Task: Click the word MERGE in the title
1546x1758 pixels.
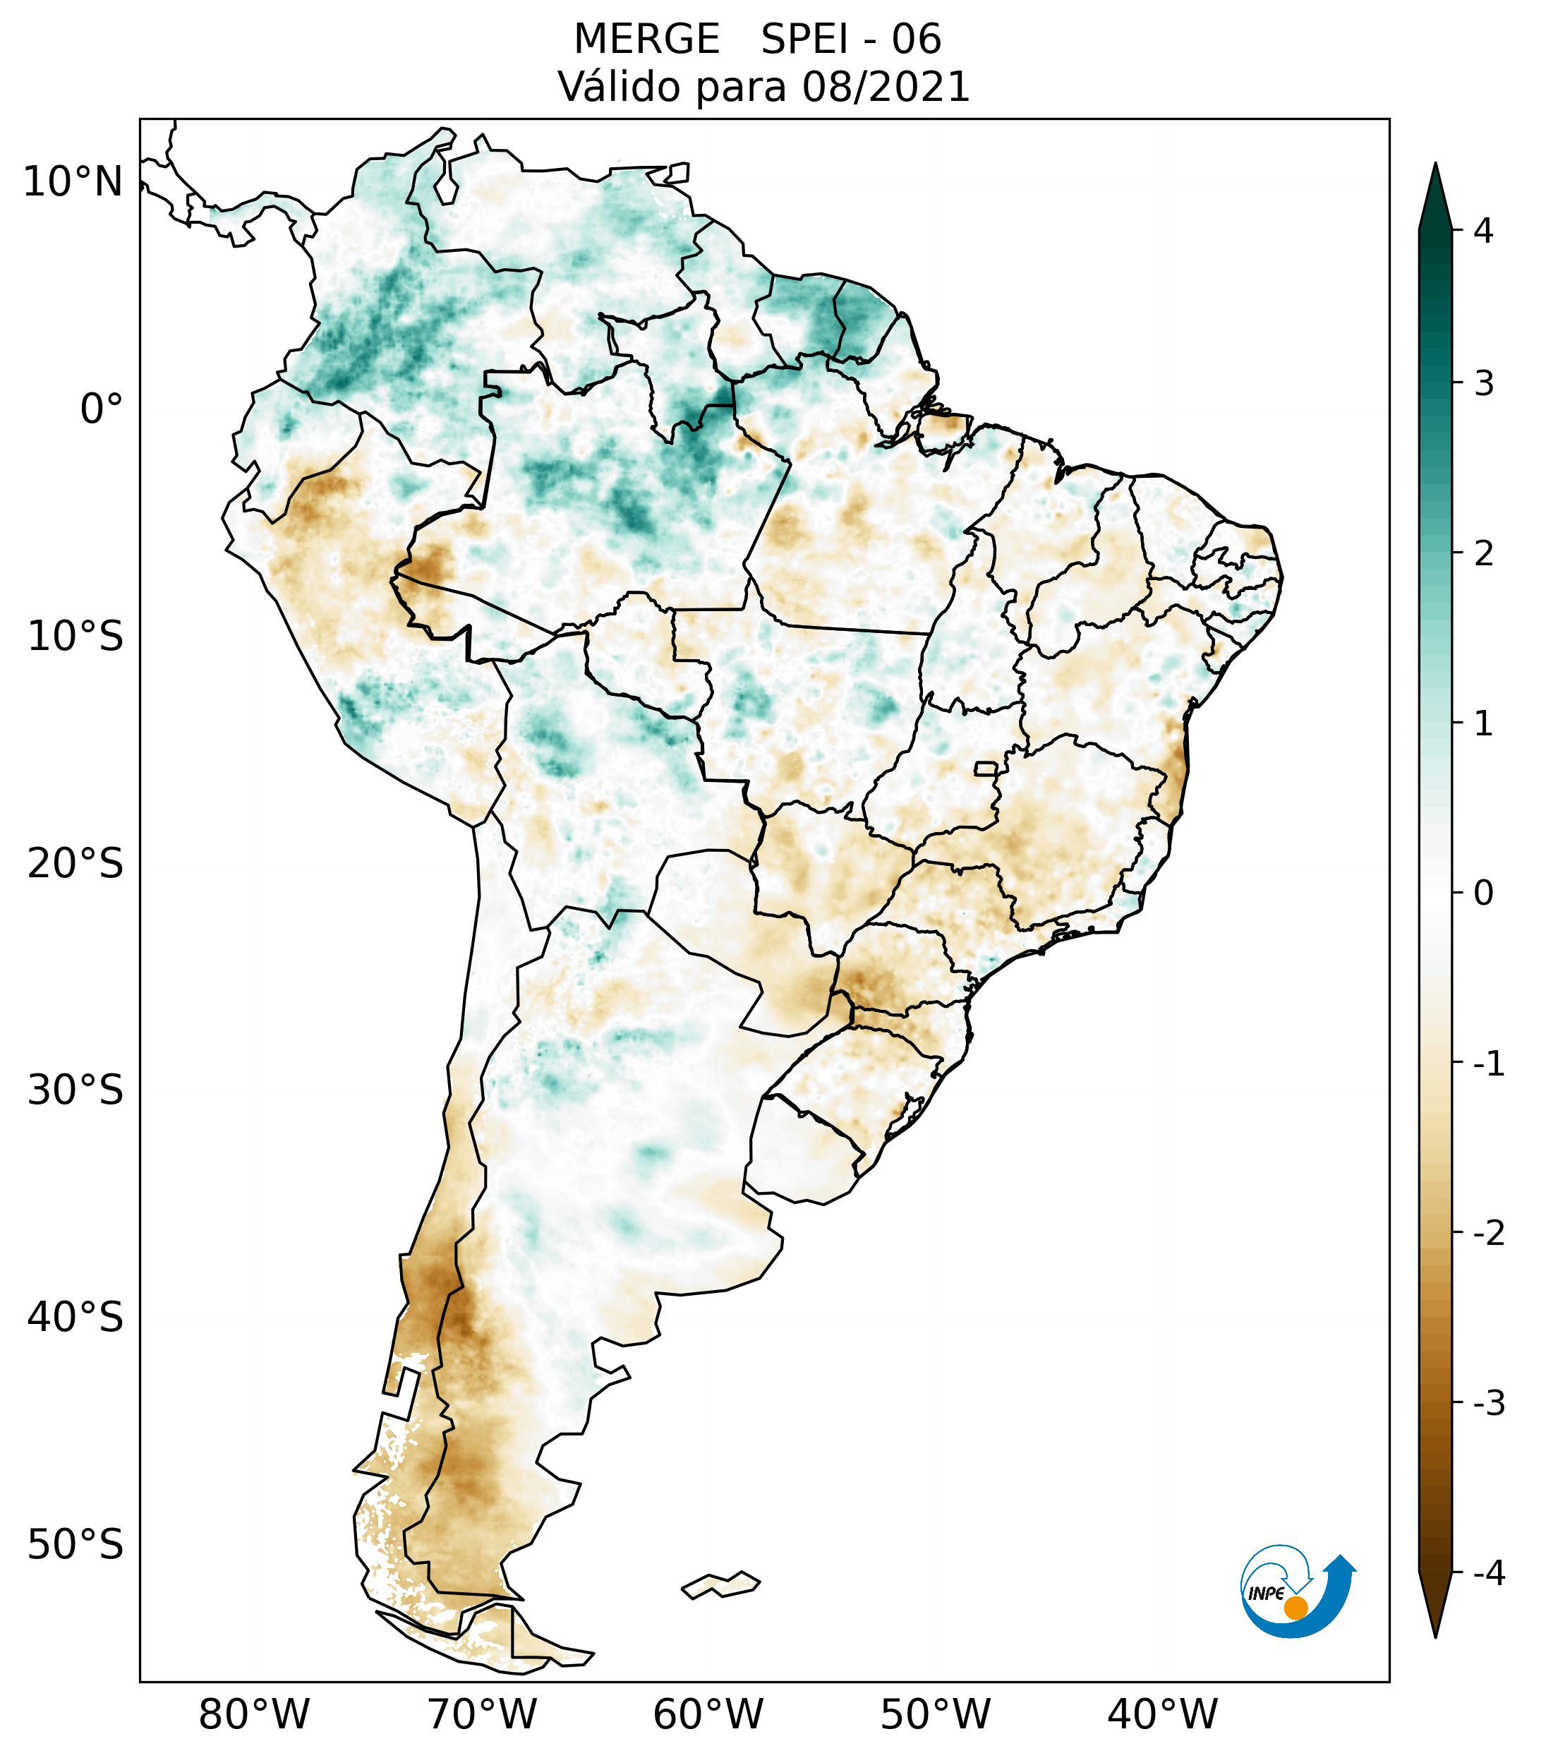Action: click(646, 40)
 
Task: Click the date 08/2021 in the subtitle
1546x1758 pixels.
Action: click(885, 87)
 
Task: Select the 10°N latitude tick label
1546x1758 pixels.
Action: click(73, 182)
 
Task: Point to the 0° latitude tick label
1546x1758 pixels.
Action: click(102, 409)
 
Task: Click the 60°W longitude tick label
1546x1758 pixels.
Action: click(708, 1714)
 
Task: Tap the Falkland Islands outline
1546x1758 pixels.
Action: click(720, 1584)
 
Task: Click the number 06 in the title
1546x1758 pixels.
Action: click(916, 40)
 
